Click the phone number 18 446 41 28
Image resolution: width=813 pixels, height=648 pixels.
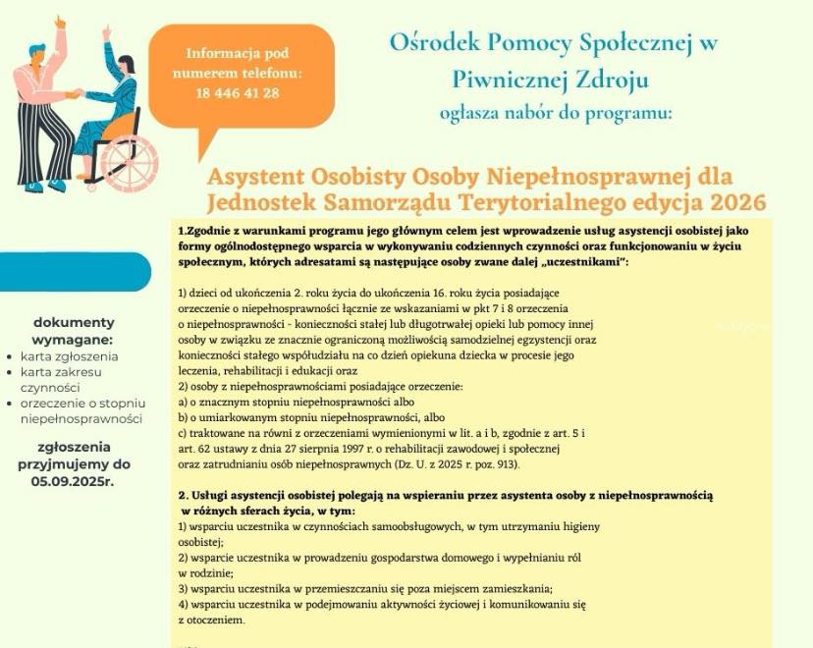[239, 94]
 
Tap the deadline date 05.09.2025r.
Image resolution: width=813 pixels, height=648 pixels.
[73, 482]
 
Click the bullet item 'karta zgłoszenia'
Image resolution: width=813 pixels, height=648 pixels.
[70, 356]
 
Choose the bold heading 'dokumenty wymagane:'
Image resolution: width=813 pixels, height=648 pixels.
[74, 331]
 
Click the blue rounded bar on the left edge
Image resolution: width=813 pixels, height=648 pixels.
[74, 272]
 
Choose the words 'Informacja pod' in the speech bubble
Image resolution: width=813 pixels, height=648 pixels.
[239, 53]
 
